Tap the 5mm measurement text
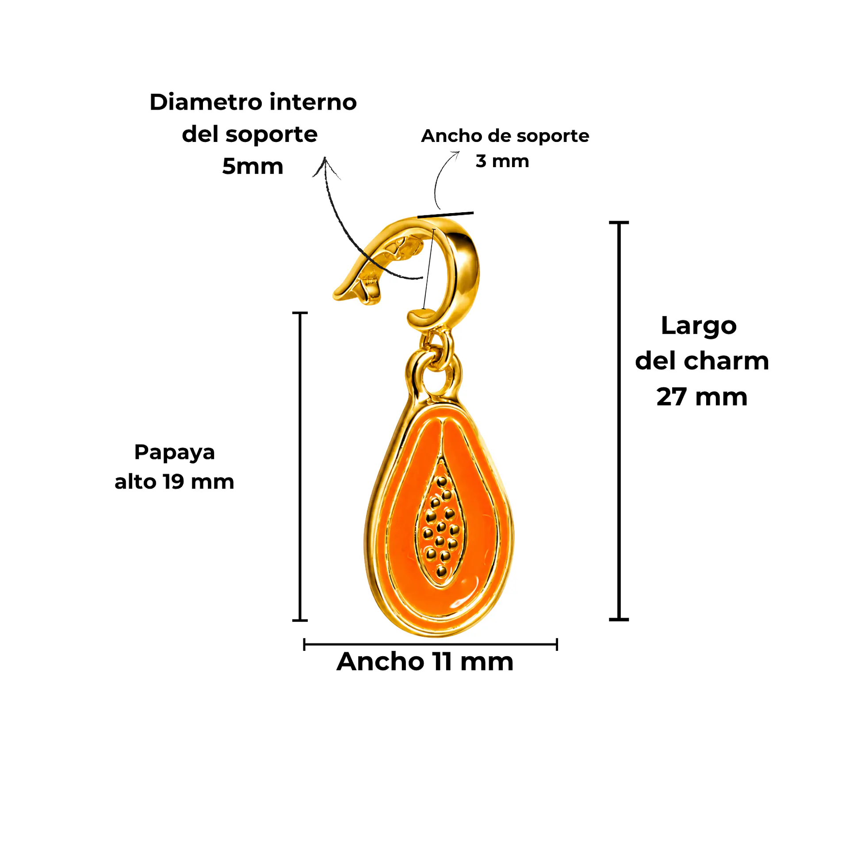tap(252, 167)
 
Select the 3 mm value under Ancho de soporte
tap(502, 161)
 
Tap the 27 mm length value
tap(702, 397)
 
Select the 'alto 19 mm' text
tap(174, 482)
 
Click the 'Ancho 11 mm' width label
tap(425, 662)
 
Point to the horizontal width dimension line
tap(430, 644)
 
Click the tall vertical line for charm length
tap(619, 421)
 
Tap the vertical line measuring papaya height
tap(300, 467)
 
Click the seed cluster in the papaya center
tap(440, 526)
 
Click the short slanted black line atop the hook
tap(445, 215)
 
